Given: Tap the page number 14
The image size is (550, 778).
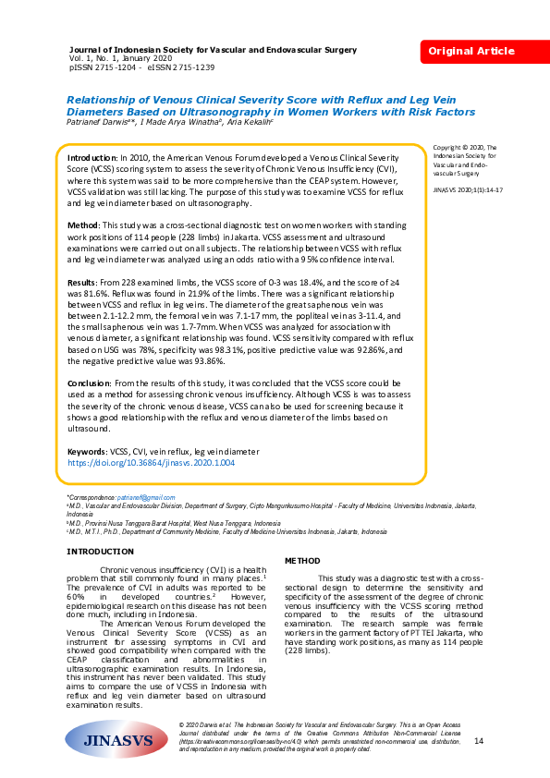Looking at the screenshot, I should [478, 741].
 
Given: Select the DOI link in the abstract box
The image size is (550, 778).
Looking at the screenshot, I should [152, 461].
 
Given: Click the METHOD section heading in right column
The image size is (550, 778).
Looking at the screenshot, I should [302, 561].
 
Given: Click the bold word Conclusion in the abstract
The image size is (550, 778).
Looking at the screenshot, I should [94, 382].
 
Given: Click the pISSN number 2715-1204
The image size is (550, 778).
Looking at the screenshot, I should [116, 67].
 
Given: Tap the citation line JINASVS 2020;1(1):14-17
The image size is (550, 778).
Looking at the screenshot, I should [467, 188].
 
